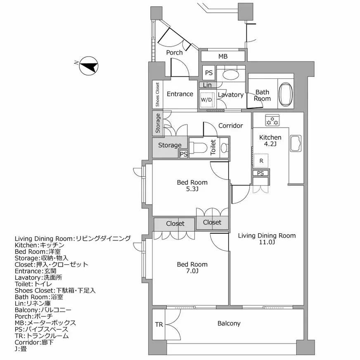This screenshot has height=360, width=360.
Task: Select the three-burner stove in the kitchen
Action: tap(272, 121)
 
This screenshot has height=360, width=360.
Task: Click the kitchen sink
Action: tap(296, 143)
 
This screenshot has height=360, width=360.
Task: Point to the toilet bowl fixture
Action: tap(199, 147)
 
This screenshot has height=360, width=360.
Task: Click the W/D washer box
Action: tap(206, 100)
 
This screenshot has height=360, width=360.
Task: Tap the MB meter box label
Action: tap(223, 57)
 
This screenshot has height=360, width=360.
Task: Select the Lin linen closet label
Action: tap(207, 85)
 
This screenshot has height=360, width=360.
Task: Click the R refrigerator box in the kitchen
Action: tap(261, 161)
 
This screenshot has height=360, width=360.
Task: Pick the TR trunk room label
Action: tap(159, 324)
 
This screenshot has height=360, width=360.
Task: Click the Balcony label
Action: tap(229, 323)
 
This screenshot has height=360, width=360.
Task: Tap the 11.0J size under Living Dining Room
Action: tap(267, 242)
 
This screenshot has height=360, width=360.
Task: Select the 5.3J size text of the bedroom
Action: tap(192, 189)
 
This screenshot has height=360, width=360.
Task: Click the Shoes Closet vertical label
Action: tap(157, 95)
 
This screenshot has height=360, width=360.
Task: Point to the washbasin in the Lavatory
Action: tap(230, 75)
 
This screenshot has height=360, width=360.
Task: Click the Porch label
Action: tap(174, 52)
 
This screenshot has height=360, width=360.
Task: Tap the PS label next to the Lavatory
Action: tap(209, 73)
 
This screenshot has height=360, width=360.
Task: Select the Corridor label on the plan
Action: tap(230, 126)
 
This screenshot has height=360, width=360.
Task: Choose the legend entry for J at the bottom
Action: tap(21, 349)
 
